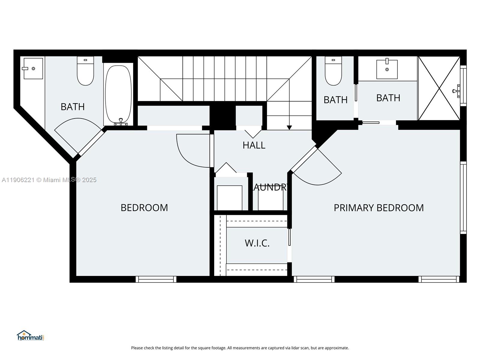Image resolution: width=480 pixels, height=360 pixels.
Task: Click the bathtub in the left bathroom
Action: (118, 94)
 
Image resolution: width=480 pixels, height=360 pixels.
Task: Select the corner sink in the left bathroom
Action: (33, 69)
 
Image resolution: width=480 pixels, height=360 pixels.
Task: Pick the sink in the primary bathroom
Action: (387, 69)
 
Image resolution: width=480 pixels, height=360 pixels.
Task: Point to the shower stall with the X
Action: (439, 88)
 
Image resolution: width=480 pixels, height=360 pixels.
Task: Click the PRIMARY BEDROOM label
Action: (379, 208)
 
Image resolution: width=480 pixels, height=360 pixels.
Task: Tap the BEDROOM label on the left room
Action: (144, 208)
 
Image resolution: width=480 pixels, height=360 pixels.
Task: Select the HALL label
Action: (254, 145)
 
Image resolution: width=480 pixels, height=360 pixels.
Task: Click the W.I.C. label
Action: (257, 243)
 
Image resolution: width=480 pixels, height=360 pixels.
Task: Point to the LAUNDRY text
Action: (270, 187)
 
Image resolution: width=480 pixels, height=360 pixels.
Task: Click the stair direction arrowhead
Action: (289, 127)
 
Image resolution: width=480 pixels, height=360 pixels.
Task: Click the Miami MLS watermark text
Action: (49, 180)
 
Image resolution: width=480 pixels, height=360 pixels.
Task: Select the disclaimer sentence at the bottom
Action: (240, 348)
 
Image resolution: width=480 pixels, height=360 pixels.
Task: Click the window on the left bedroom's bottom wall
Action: (156, 279)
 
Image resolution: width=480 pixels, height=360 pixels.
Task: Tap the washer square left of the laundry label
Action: (229, 198)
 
